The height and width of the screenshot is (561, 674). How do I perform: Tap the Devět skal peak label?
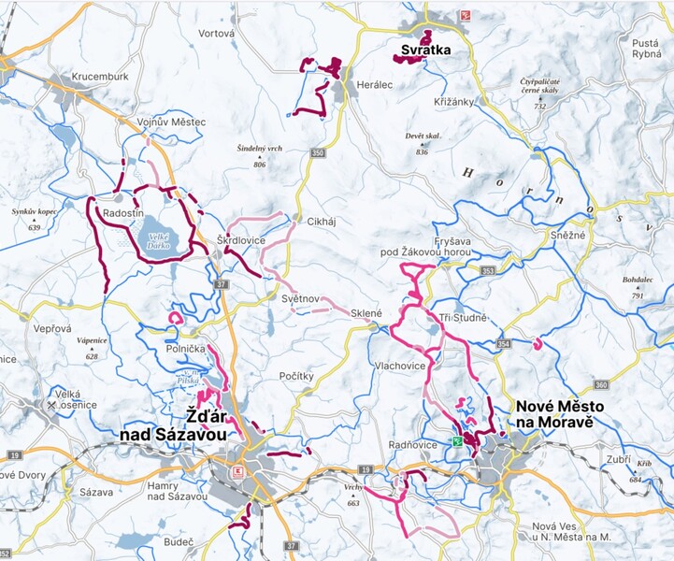(423, 137)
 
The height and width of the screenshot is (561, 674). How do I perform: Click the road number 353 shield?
(488, 271)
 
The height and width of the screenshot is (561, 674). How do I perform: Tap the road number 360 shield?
(600, 385)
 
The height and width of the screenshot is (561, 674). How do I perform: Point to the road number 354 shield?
(504, 345)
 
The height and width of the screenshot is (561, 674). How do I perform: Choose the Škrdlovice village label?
(241, 240)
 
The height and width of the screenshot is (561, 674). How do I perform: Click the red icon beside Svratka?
(464, 16)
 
